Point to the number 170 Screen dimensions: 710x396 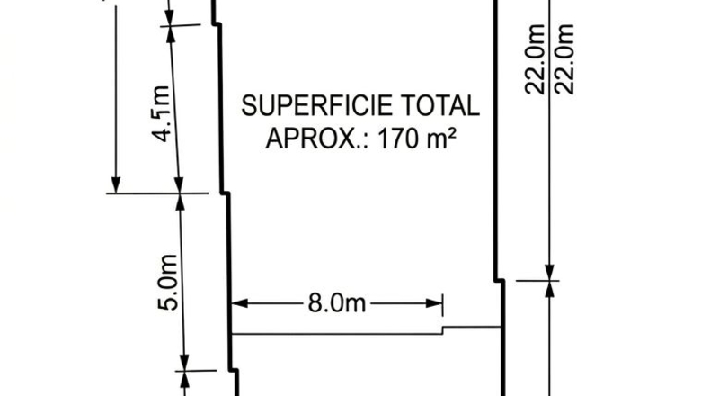pyautogui.click(x=398, y=139)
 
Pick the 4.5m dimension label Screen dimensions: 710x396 pyautogui.click(x=162, y=113)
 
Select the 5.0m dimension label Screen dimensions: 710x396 pyautogui.click(x=167, y=282)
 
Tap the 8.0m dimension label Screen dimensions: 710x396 pyautogui.click(x=336, y=302)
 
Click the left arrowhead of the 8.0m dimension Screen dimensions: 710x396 pyautogui.click(x=240, y=303)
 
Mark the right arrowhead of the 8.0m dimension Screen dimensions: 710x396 pyautogui.click(x=434, y=303)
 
